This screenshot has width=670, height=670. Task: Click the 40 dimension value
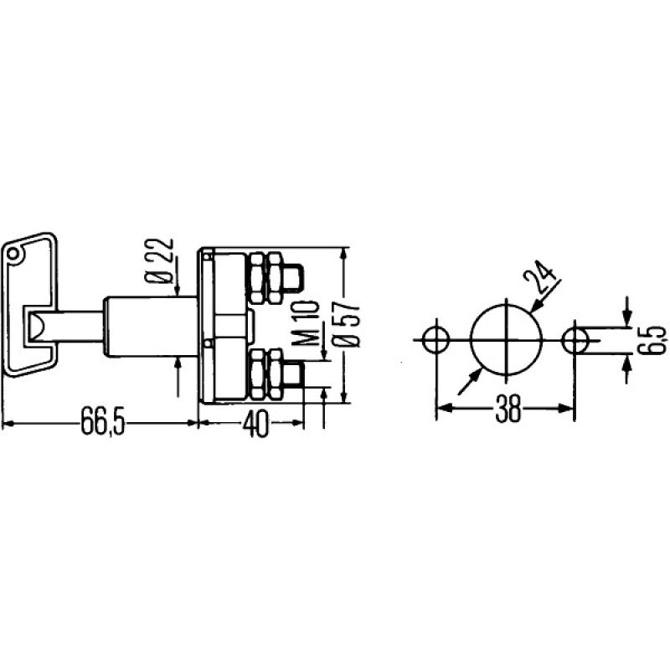pos(256,424)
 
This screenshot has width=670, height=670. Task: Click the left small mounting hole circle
pos(436,339)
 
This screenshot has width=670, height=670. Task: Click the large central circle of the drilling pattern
pos(505,338)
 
